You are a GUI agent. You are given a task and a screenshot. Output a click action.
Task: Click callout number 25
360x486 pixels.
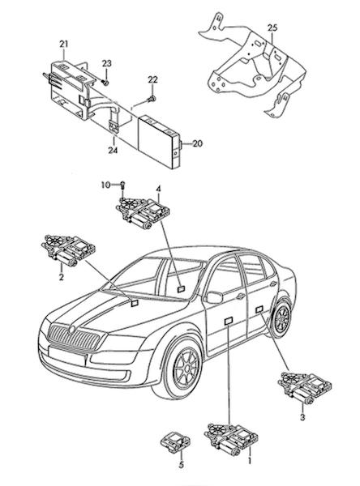[272, 28]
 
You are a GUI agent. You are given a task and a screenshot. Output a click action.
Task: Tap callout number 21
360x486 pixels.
[63, 45]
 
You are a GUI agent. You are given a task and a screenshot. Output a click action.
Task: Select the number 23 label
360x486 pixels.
[106, 63]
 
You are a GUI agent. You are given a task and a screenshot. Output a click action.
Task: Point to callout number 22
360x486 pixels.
[152, 80]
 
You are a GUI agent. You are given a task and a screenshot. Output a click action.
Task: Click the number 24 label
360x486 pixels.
[113, 151]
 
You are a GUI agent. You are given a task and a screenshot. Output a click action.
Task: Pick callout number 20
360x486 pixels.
[197, 144]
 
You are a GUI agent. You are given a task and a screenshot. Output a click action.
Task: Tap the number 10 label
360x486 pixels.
[106, 185]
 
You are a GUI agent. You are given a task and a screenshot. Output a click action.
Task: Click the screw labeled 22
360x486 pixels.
[151, 99]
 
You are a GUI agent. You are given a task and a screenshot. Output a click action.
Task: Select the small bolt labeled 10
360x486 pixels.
[122, 185]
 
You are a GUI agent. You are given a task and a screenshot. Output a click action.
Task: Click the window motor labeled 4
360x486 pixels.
[143, 214]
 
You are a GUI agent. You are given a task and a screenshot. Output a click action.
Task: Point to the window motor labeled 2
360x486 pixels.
[68, 251]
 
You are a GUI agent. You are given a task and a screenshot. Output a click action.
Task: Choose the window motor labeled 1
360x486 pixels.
[231, 439]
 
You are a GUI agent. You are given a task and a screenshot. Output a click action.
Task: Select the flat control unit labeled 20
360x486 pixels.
[160, 142]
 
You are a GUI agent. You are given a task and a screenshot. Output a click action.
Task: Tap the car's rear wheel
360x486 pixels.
[281, 318]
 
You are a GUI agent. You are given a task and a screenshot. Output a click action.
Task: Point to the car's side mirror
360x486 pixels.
[214, 297]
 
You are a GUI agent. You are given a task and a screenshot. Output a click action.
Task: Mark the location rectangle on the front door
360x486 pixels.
[229, 321]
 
